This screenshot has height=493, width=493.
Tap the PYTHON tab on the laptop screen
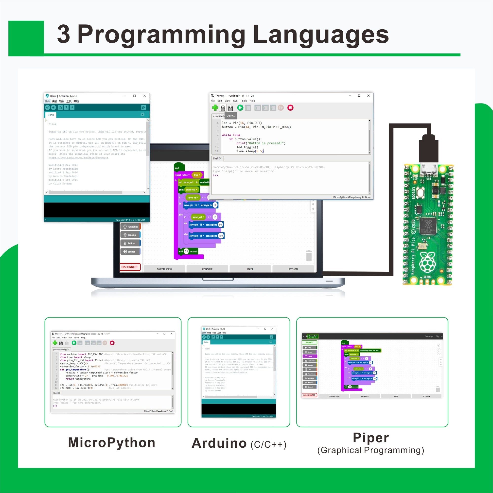(x=293, y=269)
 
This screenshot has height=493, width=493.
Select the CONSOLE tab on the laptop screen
(x=207, y=269)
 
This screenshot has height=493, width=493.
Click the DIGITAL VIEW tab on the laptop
(x=164, y=269)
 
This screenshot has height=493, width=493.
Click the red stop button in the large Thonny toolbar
(x=290, y=108)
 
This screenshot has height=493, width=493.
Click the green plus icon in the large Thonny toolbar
(x=215, y=108)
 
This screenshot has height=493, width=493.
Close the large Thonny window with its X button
(x=368, y=96)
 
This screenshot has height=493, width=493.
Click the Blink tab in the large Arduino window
(x=51, y=115)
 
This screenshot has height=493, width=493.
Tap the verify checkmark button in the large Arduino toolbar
(x=48, y=108)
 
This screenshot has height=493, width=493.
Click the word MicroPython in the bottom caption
(x=111, y=443)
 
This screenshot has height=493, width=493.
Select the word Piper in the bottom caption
(x=371, y=438)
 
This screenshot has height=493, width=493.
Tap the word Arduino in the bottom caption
(x=219, y=443)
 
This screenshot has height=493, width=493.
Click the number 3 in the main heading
(x=64, y=35)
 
